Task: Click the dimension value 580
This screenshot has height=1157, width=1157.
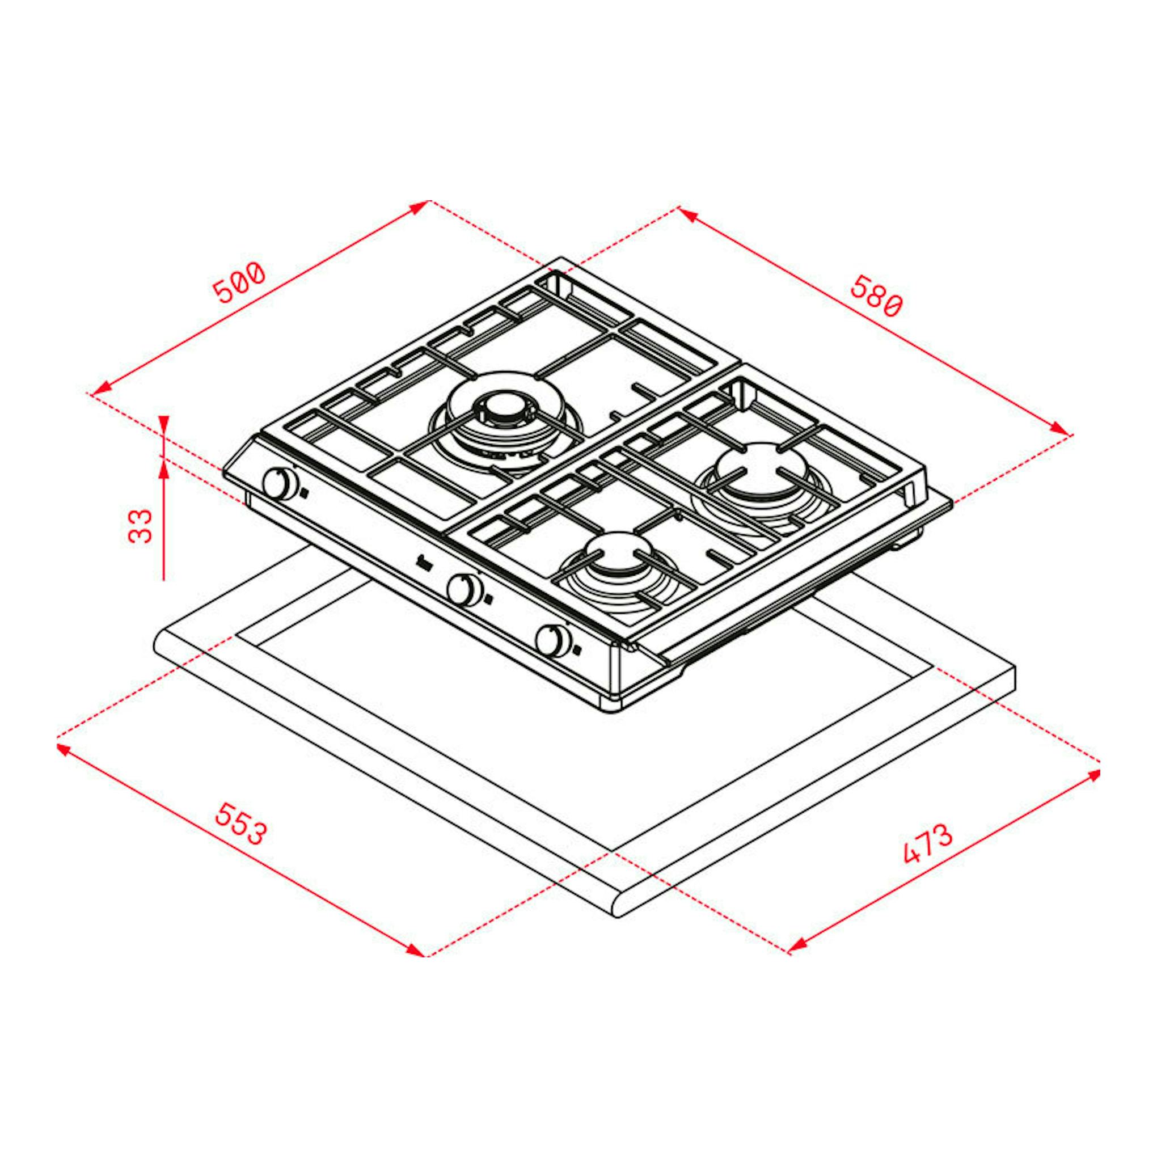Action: (x=876, y=296)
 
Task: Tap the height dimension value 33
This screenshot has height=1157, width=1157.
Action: (x=141, y=525)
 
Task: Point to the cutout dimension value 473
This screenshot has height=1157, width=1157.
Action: (x=928, y=844)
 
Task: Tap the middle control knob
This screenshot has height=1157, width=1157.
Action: (x=465, y=588)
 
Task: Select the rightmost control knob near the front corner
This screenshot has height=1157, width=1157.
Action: (x=553, y=640)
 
